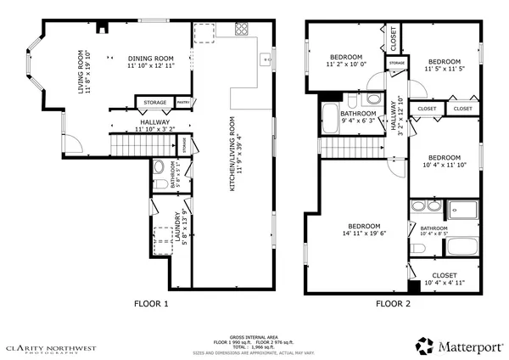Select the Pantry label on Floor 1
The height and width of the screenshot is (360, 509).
pos(182,103)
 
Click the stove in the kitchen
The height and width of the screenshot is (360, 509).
pos(241,28)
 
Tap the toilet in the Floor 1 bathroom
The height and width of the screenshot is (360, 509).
pos(159,166)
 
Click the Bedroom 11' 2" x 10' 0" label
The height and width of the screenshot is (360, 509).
pos(346,58)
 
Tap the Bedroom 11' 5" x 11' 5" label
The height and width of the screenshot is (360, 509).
pos(445,66)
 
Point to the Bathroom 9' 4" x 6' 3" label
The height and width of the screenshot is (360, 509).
pos(358,117)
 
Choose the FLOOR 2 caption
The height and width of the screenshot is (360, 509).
pos(393,303)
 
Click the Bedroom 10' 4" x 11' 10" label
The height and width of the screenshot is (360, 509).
pos(444,162)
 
